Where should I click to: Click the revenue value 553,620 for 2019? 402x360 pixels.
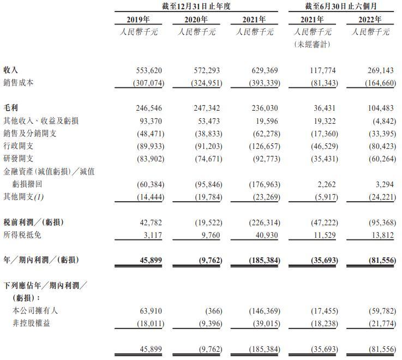pyautogui.click(x=149, y=70)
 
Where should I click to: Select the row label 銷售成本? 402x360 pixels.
pyautogui.click(x=19, y=82)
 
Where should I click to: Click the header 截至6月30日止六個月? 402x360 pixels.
pyautogui.click(x=341, y=7)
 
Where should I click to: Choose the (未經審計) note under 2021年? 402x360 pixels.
pyautogui.click(x=313, y=44)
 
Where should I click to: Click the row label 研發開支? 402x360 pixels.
pyautogui.click(x=19, y=158)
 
